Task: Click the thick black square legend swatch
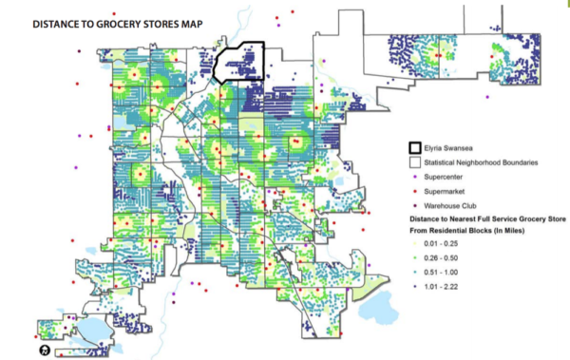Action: [415, 148]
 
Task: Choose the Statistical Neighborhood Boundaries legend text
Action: [484, 162]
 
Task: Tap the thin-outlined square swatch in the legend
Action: [415, 162]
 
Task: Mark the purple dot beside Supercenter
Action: [415, 178]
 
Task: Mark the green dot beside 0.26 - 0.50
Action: [415, 256]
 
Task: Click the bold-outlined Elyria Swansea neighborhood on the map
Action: [237, 65]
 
